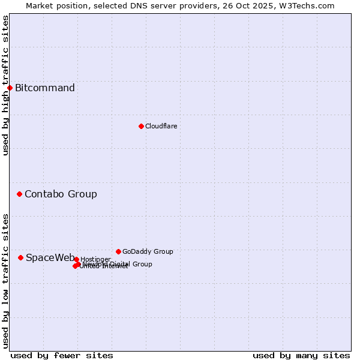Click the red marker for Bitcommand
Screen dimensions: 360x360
tap(10, 88)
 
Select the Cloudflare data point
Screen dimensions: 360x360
tap(141, 126)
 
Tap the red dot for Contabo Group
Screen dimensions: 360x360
tap(19, 194)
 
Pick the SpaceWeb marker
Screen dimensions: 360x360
tap(20, 257)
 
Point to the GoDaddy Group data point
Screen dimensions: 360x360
tap(118, 251)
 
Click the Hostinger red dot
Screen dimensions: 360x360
tap(76, 259)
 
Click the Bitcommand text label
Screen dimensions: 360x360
tap(45, 88)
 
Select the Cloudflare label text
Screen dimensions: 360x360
tap(161, 126)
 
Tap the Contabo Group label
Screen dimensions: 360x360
tap(61, 194)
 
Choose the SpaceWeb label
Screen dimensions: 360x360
tap(50, 257)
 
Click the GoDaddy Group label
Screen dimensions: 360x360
tap(148, 251)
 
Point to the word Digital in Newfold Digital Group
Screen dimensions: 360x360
tap(122, 264)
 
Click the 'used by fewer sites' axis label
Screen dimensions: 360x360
tap(62, 355)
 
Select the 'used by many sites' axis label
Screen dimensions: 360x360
tap(301, 355)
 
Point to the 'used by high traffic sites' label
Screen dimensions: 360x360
tap(5, 85)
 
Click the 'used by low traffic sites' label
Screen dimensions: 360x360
tap(5, 281)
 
